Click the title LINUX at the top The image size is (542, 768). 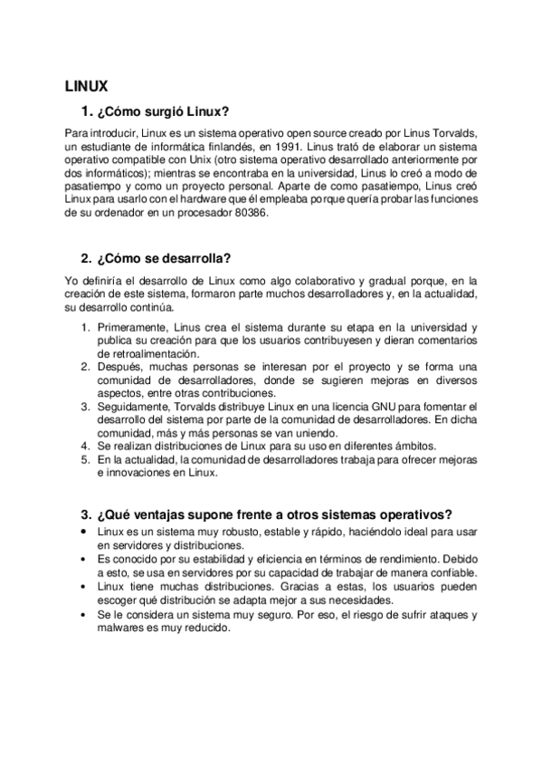click(x=86, y=87)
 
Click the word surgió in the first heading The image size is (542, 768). click(x=158, y=112)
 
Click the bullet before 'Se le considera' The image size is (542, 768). click(x=84, y=613)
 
